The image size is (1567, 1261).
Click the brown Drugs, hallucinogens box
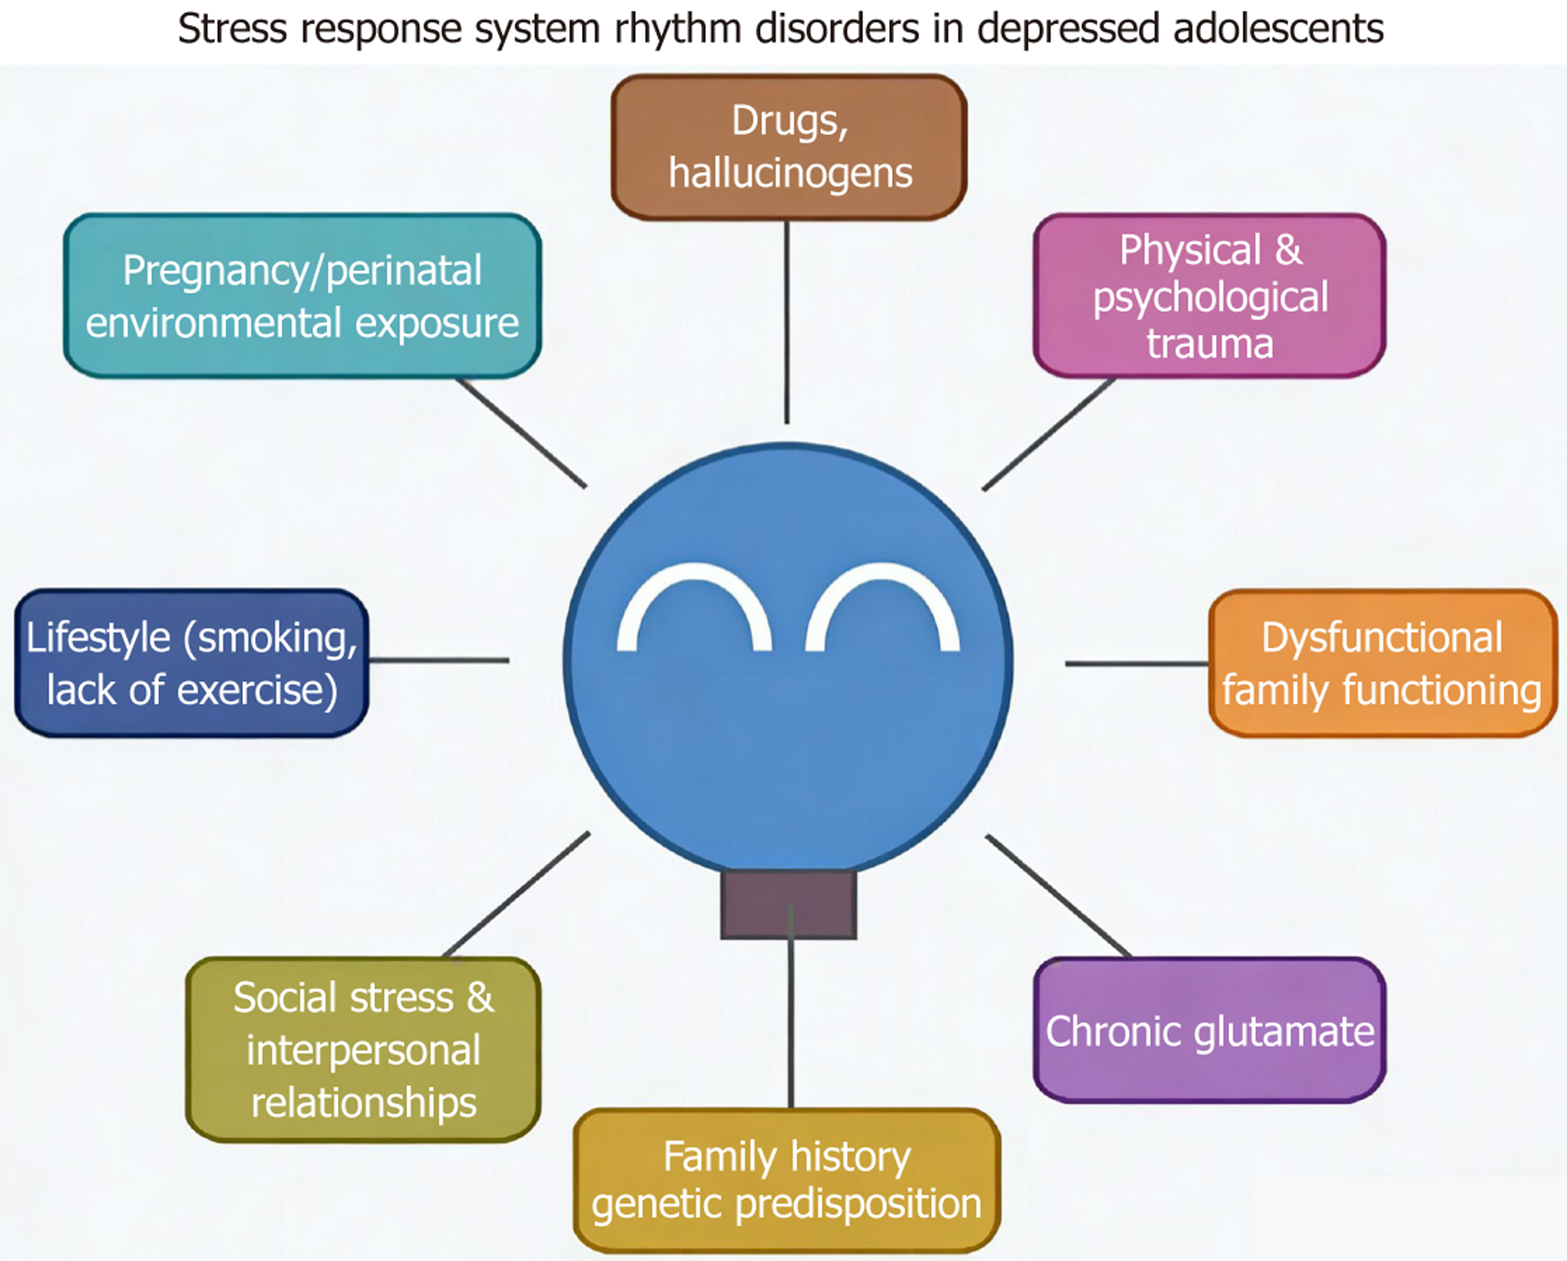pyautogui.click(x=789, y=147)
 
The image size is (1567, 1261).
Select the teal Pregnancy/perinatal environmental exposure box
pyautogui.click(x=302, y=296)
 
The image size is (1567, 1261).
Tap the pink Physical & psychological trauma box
pyautogui.click(x=1209, y=296)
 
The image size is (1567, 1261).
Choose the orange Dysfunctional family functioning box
pyautogui.click(x=1382, y=664)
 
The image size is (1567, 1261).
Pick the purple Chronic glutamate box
pyautogui.click(x=1209, y=1030)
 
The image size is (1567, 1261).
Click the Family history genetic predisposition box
pyautogui.click(x=787, y=1180)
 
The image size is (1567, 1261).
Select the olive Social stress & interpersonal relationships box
pyautogui.click(x=363, y=1049)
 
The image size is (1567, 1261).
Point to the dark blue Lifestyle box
pyautogui.click(x=192, y=664)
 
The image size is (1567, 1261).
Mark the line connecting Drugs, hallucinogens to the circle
pyautogui.click(x=788, y=321)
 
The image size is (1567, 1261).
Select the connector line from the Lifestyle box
pyautogui.click(x=439, y=661)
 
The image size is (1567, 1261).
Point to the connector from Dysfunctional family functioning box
pyautogui.click(x=1136, y=664)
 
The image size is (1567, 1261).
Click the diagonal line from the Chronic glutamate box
pyautogui.click(x=1059, y=895)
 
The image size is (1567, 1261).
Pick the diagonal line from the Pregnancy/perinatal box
pyautogui.click(x=521, y=433)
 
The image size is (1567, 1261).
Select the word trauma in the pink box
pyautogui.click(x=1209, y=344)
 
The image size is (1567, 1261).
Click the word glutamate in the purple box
pyautogui.click(x=1284, y=1031)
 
